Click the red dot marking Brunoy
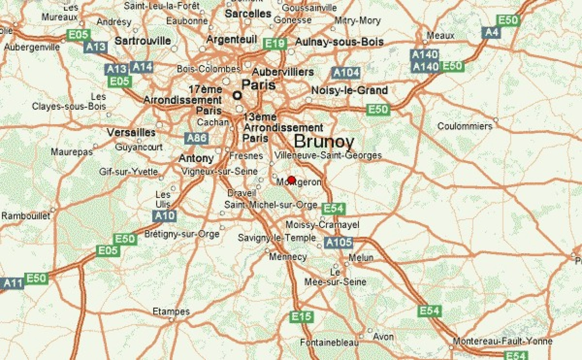pos(291,180)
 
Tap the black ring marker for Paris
pos(237,96)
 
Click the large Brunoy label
pos(324,141)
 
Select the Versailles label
pos(131,132)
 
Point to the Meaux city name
pos(440,35)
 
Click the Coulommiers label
pos(465,126)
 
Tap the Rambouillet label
pos(26,216)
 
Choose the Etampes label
pos(171,311)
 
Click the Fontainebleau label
pos(329,342)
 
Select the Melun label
pos(361,257)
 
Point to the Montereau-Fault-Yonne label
pos(502,341)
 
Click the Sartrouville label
pos(143,41)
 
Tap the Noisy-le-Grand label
pos(349,90)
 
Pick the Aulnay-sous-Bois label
pos(339,42)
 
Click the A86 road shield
pos(197,138)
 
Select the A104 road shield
pos(346,73)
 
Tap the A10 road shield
pos(165,216)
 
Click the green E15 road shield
pos(301,316)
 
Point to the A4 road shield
pos(491,33)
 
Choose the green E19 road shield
pos(275,44)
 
